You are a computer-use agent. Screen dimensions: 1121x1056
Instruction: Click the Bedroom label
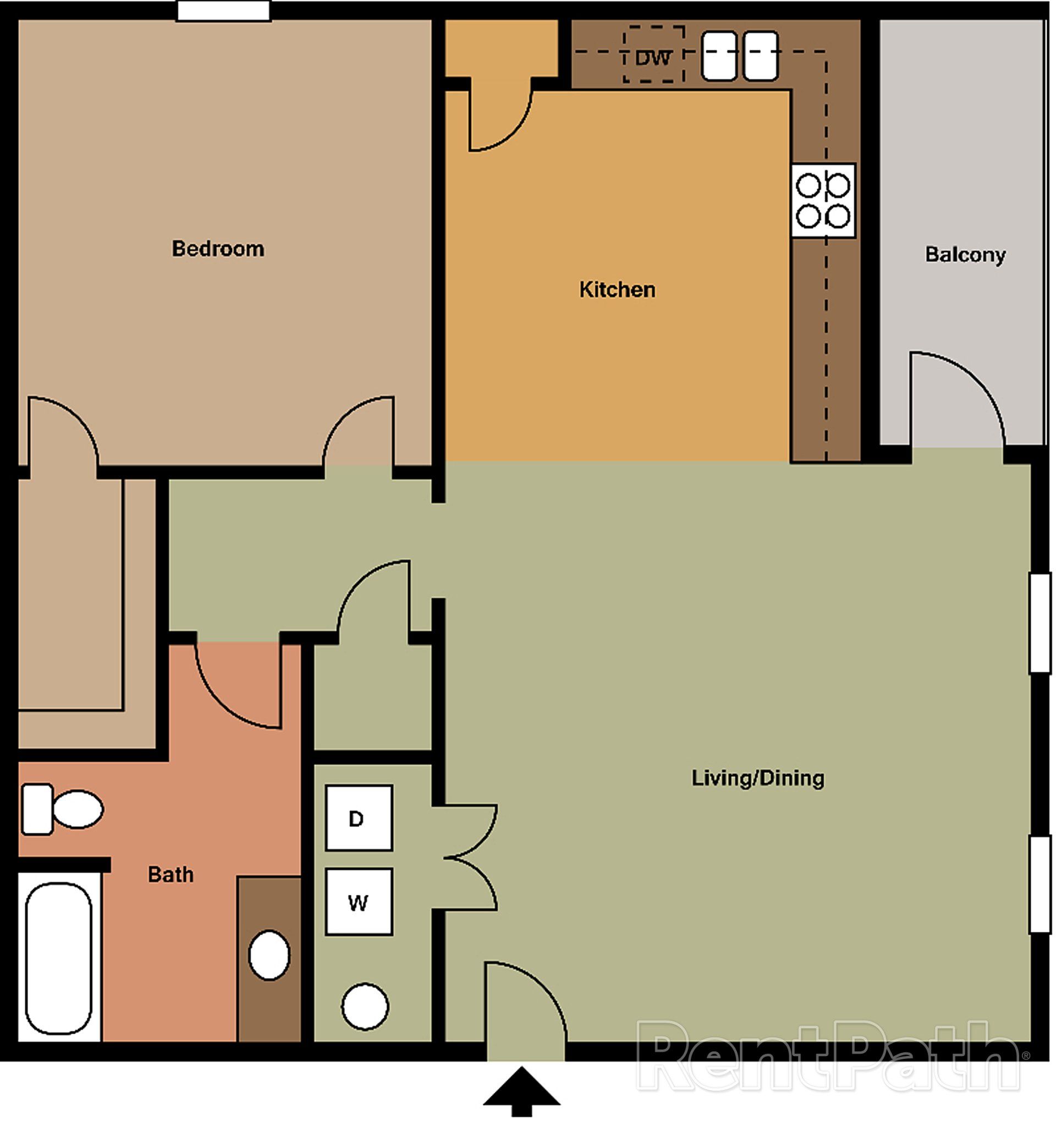click(x=218, y=249)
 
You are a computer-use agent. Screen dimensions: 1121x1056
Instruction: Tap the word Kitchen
click(x=617, y=290)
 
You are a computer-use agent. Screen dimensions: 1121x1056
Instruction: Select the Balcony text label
click(x=965, y=254)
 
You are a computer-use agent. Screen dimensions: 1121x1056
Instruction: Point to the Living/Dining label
click(x=757, y=778)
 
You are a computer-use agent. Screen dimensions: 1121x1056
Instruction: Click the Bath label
click(x=170, y=875)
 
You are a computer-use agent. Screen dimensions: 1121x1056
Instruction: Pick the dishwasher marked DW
click(x=653, y=54)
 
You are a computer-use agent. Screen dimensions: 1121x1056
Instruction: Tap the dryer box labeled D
click(x=359, y=817)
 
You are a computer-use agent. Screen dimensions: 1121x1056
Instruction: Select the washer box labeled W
click(x=359, y=903)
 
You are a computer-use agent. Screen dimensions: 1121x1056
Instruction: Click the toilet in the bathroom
click(x=62, y=809)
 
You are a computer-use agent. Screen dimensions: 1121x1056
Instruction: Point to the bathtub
click(x=59, y=959)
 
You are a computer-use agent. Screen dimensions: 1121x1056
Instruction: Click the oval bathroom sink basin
click(x=269, y=955)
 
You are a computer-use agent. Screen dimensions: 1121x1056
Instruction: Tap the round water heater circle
click(x=365, y=1007)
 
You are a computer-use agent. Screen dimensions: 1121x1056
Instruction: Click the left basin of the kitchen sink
click(x=719, y=55)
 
